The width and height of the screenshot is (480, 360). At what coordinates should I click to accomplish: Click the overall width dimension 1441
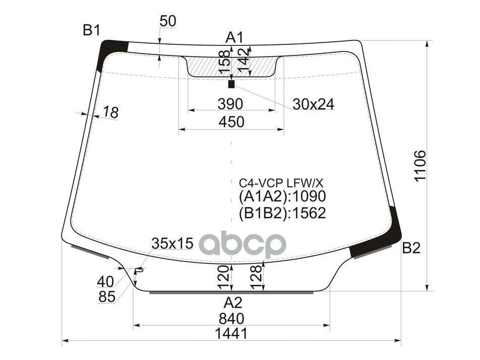click(x=231, y=333)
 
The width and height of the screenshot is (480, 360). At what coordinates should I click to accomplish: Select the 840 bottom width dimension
click(x=231, y=318)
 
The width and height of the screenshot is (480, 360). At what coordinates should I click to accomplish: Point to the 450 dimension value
click(x=231, y=122)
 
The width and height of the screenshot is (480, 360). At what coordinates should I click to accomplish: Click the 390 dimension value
click(x=230, y=104)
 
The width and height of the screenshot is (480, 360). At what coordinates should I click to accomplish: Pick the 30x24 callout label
click(x=313, y=104)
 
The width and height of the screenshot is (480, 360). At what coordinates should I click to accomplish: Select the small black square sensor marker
click(x=231, y=84)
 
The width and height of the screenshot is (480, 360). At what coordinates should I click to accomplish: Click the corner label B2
click(x=411, y=248)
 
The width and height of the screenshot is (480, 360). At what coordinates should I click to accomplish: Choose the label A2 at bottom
click(x=232, y=303)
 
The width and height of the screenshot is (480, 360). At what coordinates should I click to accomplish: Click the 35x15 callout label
click(x=172, y=244)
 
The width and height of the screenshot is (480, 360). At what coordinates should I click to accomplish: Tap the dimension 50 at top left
click(x=167, y=21)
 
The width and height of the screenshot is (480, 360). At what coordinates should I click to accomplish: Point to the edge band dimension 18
click(x=110, y=113)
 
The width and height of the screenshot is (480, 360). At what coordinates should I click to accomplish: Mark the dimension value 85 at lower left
click(x=107, y=297)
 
